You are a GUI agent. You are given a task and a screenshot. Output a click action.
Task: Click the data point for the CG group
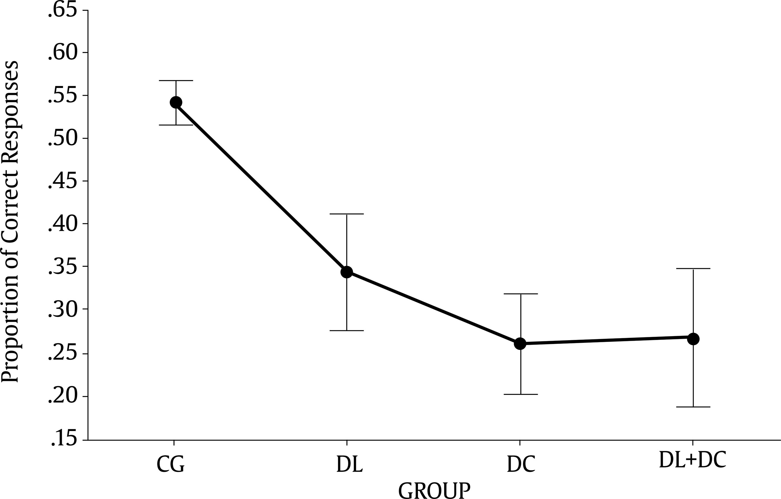click(x=176, y=102)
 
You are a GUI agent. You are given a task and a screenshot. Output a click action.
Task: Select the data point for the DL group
click(x=347, y=272)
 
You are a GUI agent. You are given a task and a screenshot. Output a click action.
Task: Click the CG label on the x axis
click(x=171, y=465)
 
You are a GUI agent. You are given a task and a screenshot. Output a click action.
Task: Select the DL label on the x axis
click(x=349, y=465)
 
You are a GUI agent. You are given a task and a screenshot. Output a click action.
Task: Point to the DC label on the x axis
click(x=521, y=465)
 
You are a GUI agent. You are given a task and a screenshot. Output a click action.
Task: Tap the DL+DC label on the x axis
click(x=692, y=461)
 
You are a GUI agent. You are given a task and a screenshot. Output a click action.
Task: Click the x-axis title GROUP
click(x=434, y=490)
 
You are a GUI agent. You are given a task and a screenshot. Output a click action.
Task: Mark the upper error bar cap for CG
click(x=176, y=80)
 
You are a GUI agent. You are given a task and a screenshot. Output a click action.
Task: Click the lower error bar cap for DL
click(x=347, y=331)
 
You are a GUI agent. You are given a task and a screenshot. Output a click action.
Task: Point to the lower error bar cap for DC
click(x=521, y=394)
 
